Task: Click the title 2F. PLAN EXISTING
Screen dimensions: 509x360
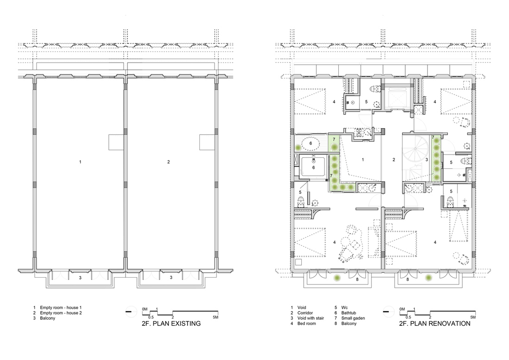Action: pyautogui.click(x=171, y=323)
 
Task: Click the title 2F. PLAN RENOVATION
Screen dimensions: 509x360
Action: pyautogui.click(x=435, y=323)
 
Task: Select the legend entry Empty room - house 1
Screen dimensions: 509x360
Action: pyautogui.click(x=61, y=307)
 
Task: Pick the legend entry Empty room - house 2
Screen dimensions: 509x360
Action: pyautogui.click(x=61, y=313)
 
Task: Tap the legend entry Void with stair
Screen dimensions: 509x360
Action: pyautogui.click(x=310, y=318)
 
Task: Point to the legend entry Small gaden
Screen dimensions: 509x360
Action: pyautogui.click(x=353, y=318)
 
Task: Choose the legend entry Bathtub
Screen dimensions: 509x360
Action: pyautogui.click(x=348, y=313)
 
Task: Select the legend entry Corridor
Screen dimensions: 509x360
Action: pyautogui.click(x=305, y=313)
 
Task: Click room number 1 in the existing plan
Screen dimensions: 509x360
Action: pyautogui.click(x=80, y=161)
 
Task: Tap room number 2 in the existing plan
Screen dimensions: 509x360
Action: pyautogui.click(x=168, y=161)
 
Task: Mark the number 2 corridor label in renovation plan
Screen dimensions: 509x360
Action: pyautogui.click(x=394, y=160)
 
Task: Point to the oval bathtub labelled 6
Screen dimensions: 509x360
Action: pyautogui.click(x=311, y=143)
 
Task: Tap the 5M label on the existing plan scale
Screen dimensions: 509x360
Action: pyautogui.click(x=216, y=317)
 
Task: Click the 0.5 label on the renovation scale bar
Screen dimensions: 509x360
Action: pyautogui.click(x=409, y=317)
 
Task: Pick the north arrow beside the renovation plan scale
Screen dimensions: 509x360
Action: pyautogui.click(x=388, y=311)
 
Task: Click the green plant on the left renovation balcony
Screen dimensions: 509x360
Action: pyautogui.click(x=338, y=278)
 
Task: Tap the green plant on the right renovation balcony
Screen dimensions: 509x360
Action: pyautogui.click(x=429, y=278)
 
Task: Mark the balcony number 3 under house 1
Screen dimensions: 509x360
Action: pyautogui.click(x=80, y=278)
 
